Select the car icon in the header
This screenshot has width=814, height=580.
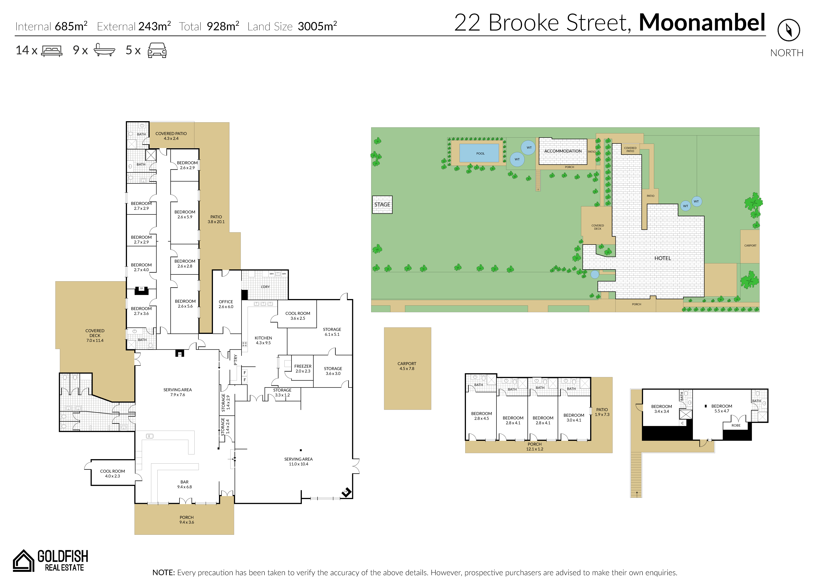157,50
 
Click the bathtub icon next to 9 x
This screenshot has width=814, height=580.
104,50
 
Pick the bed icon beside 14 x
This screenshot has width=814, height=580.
52,51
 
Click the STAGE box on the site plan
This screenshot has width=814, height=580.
382,205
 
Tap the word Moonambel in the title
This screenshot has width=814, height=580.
702,22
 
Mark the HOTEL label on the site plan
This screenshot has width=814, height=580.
663,258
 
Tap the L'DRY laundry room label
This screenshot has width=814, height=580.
265,287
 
